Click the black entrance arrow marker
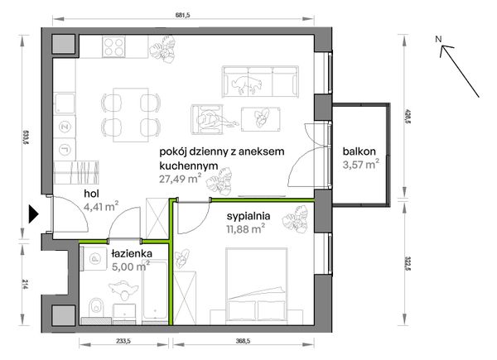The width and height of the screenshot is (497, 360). [33, 214]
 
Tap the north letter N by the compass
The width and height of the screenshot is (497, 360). [438, 39]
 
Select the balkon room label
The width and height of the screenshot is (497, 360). [359, 151]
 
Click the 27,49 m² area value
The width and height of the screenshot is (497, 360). [180, 180]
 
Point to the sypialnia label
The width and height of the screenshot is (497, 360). [248, 216]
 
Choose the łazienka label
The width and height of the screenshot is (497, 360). [132, 253]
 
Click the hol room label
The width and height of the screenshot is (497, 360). [92, 194]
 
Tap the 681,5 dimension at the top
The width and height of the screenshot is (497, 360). [183, 16]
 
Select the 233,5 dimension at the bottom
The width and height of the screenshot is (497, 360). [123, 341]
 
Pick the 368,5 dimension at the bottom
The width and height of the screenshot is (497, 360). [243, 341]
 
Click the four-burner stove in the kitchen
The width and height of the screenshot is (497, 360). [113, 47]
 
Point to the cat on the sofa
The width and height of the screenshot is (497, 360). [247, 84]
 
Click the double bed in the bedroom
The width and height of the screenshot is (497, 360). [257, 286]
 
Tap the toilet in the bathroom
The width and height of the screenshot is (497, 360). [96, 307]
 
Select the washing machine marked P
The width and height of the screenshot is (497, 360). [94, 259]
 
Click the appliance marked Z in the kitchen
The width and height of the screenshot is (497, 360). [65, 127]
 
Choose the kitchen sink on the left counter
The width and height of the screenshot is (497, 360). [65, 103]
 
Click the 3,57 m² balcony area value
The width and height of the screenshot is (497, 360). [361, 165]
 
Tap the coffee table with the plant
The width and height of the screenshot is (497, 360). [261, 119]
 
